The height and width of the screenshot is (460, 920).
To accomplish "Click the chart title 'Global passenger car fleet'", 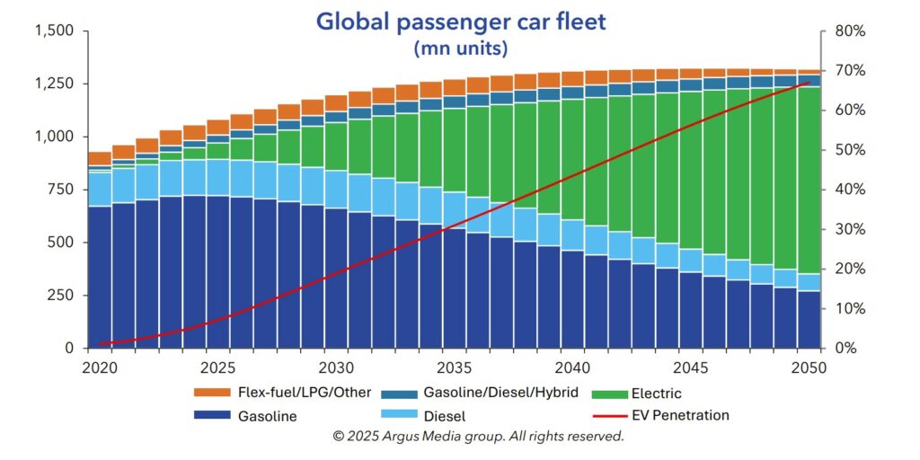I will pos(460,21).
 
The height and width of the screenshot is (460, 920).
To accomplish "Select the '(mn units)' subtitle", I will pos(460,48).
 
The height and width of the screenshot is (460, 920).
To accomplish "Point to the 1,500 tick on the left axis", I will pos(55,31).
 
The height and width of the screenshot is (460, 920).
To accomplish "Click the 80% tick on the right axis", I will pos(849,31).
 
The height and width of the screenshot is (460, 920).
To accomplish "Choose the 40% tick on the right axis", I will pos(849,190).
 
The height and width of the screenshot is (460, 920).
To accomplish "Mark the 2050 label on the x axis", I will pos(809,367).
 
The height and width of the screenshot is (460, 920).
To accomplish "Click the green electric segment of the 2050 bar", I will pos(809,180).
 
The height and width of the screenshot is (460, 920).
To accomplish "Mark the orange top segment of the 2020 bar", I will pos(100,158).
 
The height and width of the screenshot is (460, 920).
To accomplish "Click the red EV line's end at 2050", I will pos(809,83).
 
